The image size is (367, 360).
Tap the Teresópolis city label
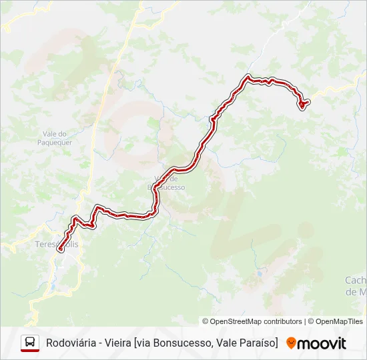pyautogui.click(x=56, y=245)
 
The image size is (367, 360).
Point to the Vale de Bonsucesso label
pyautogui.click(x=166, y=183)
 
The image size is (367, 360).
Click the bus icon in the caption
pyautogui.click(x=30, y=343)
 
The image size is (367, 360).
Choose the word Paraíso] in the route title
pyautogui.click(x=257, y=343)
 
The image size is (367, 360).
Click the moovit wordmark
pyautogui.click(x=321, y=343)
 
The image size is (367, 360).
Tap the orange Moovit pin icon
pyautogui.click(x=291, y=343)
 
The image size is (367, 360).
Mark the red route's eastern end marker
pyautogui.click(x=303, y=103)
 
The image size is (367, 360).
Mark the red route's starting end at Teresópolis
pyautogui.click(x=60, y=249)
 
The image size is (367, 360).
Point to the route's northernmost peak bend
pyautogui.click(x=249, y=77)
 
